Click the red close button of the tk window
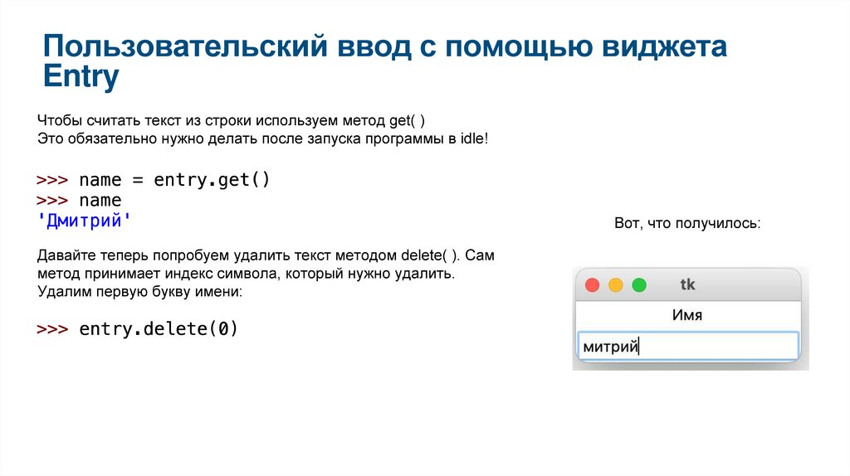[592, 285]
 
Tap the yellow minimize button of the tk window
[615, 285]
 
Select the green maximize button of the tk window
[638, 285]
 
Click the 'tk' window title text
[687, 284]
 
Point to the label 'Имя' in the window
[686, 315]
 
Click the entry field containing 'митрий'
[686, 347]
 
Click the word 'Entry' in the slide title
[81, 77]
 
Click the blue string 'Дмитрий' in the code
[84, 221]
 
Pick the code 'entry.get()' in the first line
[212, 180]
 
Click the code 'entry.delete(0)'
[159, 328]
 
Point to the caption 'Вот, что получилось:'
[687, 224]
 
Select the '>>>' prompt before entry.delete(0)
[52, 329]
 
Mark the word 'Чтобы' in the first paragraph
[56, 119]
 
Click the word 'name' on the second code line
[100, 201]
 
